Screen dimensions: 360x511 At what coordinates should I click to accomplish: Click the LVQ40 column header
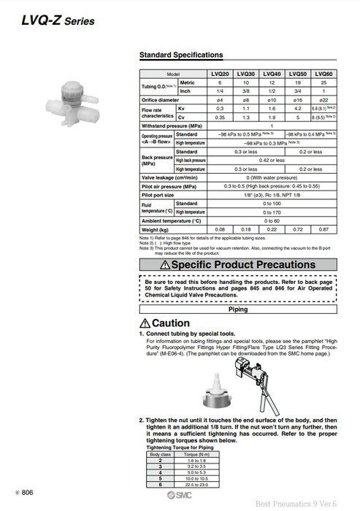coord(271,74)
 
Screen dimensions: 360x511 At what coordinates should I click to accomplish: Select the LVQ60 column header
coord(323,74)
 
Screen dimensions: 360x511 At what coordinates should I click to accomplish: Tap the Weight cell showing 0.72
coord(297,229)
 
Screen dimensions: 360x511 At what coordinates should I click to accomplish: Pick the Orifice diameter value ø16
coord(297,99)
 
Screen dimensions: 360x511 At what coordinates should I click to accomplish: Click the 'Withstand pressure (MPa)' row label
coord(172,126)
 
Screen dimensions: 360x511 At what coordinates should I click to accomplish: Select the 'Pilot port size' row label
coord(159,195)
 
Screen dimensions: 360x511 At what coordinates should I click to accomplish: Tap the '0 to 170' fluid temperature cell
coord(271,212)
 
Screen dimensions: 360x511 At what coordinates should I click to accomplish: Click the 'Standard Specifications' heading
coord(181,55)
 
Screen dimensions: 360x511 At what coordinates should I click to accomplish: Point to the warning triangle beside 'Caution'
coord(145,323)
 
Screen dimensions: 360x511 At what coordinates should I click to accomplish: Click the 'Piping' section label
coord(238,310)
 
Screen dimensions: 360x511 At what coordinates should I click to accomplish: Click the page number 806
coord(27,493)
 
